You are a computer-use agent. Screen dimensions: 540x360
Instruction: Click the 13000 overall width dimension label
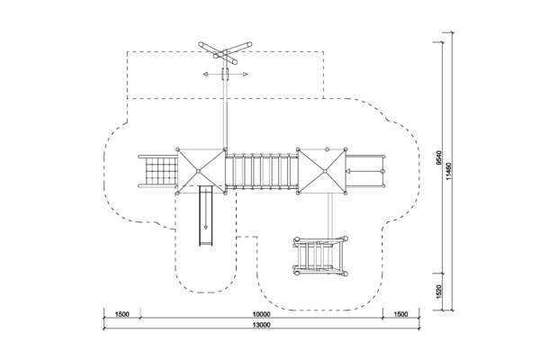pos(262,325)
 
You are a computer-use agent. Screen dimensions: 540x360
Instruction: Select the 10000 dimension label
pos(262,314)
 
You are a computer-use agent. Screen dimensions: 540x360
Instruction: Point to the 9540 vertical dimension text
pos(438,157)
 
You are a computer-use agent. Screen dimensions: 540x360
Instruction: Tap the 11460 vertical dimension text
pos(449,171)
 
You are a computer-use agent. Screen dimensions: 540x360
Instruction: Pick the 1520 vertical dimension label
pos(438,292)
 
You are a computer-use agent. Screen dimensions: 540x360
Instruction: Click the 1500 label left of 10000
pos(121,314)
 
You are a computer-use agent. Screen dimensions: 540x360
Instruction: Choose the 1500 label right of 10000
pos(400,314)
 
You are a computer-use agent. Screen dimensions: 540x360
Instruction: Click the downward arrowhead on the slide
pos(205,227)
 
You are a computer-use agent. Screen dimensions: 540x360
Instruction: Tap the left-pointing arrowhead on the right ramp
pos(347,171)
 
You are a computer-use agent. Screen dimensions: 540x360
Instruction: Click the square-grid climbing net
pos(161,171)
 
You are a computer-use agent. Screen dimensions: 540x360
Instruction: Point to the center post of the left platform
pos(198,171)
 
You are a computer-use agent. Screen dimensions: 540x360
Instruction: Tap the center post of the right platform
pos(324,171)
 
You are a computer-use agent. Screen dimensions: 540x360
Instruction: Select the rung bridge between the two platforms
pos(262,171)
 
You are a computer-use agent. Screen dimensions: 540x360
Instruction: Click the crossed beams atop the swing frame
pos(225,53)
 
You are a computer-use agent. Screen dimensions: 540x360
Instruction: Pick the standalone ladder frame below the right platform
pos(320,256)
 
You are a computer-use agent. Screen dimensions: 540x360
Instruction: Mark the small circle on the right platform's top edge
pos(328,149)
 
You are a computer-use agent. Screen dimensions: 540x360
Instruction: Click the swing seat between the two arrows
pos(226,74)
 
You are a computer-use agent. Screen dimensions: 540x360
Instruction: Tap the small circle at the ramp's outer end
pos(382,171)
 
